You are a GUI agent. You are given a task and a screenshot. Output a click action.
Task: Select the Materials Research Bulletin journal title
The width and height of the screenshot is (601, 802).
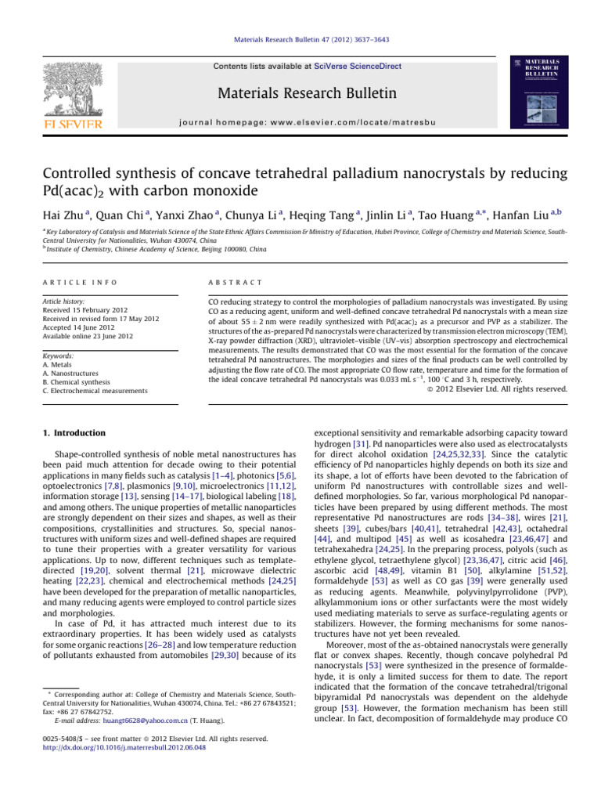[301, 94]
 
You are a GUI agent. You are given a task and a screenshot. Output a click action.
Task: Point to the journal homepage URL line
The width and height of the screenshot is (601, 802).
[301, 122]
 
